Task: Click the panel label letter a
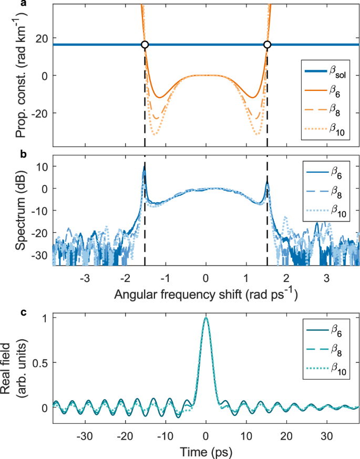(4, 4)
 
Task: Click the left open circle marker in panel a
(145, 45)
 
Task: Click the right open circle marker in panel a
(267, 45)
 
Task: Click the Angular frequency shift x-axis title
(205, 296)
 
